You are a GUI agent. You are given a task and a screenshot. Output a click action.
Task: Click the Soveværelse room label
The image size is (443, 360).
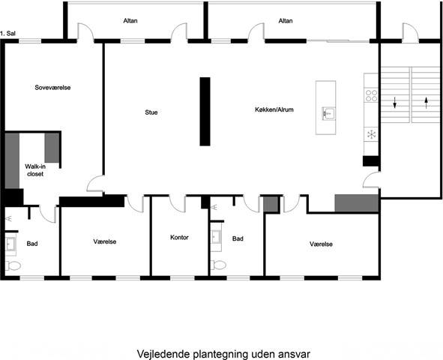coord(52,88)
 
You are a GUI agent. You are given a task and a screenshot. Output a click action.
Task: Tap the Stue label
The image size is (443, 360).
coord(151,112)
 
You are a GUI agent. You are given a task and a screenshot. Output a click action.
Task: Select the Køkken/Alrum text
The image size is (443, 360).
coord(274,109)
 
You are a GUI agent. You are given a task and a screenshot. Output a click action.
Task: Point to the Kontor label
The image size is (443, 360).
coord(179,237)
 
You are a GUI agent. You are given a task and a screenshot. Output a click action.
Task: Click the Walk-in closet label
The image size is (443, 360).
coord(35,170)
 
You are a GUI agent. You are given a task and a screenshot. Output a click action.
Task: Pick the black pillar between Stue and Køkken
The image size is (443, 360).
coord(205,112)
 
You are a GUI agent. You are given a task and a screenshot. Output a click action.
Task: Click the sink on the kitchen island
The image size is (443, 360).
coord(328,113)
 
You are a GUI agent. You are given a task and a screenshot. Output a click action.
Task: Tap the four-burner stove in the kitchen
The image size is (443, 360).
coord(371,95)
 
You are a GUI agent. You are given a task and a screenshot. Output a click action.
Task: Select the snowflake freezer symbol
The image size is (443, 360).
coord(371,134)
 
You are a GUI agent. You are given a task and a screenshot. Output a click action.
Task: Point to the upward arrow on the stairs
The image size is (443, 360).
coord(427,103)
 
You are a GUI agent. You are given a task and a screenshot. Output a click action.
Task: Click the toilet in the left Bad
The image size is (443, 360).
coord(13,266)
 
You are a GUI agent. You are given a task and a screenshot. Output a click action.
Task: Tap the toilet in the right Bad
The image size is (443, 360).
coord(218,265)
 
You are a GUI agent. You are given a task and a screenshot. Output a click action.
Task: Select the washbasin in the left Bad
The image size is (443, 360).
coord(10,244)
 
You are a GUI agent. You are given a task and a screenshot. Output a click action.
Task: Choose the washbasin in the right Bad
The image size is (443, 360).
coord(216,237)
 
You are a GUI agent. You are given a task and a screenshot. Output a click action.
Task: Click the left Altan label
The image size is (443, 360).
coord(130,21)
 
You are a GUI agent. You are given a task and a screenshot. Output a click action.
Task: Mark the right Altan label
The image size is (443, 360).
coord(286,21)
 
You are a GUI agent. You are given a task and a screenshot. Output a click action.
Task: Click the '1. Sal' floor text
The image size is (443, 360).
coord(7,33)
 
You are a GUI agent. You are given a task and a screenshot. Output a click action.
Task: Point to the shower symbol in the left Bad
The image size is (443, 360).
coord(9,218)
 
